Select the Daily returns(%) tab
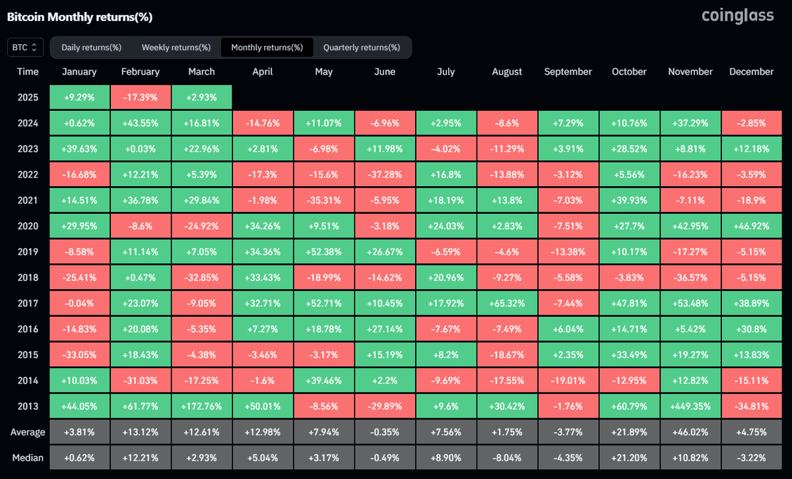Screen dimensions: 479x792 coord(91,48)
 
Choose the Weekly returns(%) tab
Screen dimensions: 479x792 coord(176,48)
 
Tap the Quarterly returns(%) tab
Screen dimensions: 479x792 coord(361,48)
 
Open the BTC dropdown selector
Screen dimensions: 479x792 coord(26,48)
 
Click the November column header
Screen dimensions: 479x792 coord(690,71)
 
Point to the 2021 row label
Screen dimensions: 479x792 coord(28,200)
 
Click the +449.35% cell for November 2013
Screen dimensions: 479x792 coord(690,406)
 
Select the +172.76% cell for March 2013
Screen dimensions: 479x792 coord(201,406)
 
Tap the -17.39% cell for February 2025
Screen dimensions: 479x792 coord(140,97)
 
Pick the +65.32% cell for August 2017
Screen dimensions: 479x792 coord(507,303)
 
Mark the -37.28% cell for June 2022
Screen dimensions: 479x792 coord(385,174)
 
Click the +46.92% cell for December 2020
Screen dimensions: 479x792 coord(752,226)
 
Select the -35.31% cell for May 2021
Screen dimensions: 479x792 coord(323,200)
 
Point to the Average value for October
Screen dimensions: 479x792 coord(629,432)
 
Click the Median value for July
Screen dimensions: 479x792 coord(445,457)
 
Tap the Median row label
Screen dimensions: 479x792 coord(28,457)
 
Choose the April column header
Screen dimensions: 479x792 coord(263,71)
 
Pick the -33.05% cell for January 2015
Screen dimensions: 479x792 coord(79,354)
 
